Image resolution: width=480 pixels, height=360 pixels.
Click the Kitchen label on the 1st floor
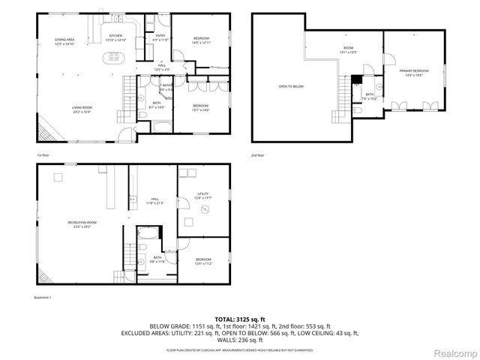115,37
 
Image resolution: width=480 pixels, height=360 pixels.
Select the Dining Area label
65,40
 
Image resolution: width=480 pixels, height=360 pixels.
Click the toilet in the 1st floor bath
142,114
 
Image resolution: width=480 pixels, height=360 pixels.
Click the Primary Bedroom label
415,70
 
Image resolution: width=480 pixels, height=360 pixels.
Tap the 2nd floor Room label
348,49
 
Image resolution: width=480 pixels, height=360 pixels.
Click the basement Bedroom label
204,260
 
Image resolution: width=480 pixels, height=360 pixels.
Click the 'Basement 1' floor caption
43,298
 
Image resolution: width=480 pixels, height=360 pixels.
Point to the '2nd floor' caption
259,154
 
